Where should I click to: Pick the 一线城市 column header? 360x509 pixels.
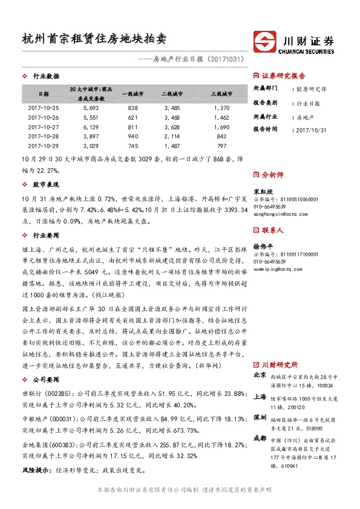133,94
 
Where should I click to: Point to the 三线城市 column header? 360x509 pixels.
221,94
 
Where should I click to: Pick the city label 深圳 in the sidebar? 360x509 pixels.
260,417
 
